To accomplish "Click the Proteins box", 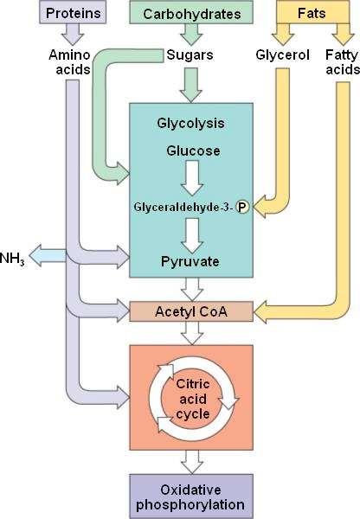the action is pos(73,12).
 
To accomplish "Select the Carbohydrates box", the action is pos(191,13).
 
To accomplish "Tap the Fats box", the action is pos(312,12).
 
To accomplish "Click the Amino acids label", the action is pos(69,62).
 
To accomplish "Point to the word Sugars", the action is pos(190,55).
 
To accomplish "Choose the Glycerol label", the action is pos(282,55).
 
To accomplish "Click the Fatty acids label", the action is pos(343,62).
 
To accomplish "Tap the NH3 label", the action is pos(12,258).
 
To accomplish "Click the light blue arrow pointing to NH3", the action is pos(48,255).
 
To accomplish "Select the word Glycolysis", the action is pos(190,124).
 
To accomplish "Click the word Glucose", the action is pos(193,151).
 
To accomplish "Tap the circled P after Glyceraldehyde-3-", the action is pos(242,208).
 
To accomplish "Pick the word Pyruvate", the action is pos(190,261).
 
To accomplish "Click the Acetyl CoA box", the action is pos(191,311).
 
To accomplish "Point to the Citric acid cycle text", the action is pos(193,399).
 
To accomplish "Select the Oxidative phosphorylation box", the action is pos(191,497).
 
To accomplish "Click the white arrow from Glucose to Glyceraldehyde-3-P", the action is pos(192,178).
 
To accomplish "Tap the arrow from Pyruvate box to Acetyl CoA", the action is pos(192,289).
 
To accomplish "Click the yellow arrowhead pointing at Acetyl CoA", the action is pos(260,311).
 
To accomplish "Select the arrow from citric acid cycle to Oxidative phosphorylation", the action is pos(192,462).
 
